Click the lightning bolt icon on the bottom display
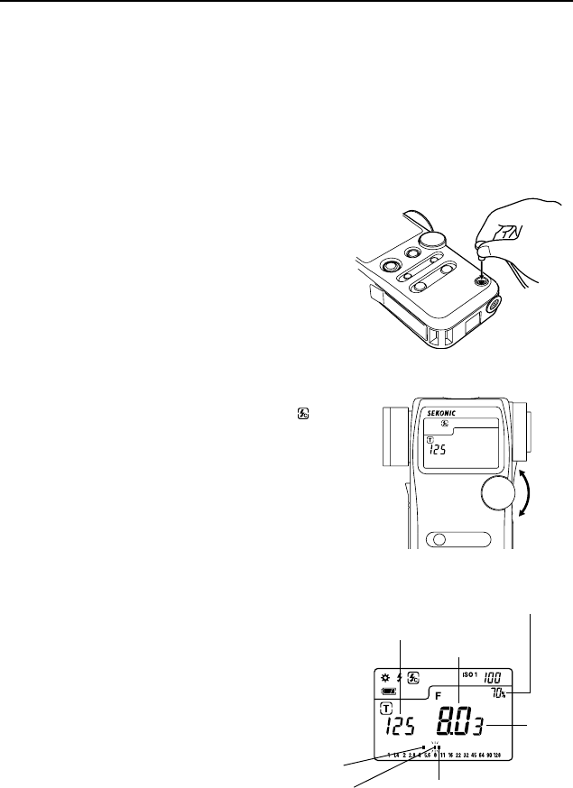tap(399, 675)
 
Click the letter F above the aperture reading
tap(438, 697)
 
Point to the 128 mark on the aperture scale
tap(497, 754)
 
